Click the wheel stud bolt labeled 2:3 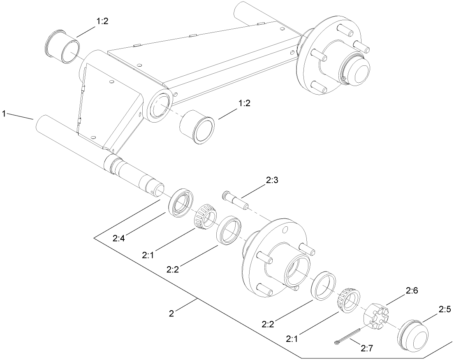tap(236, 200)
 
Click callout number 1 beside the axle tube tap(5, 114)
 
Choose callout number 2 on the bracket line tap(171, 314)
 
